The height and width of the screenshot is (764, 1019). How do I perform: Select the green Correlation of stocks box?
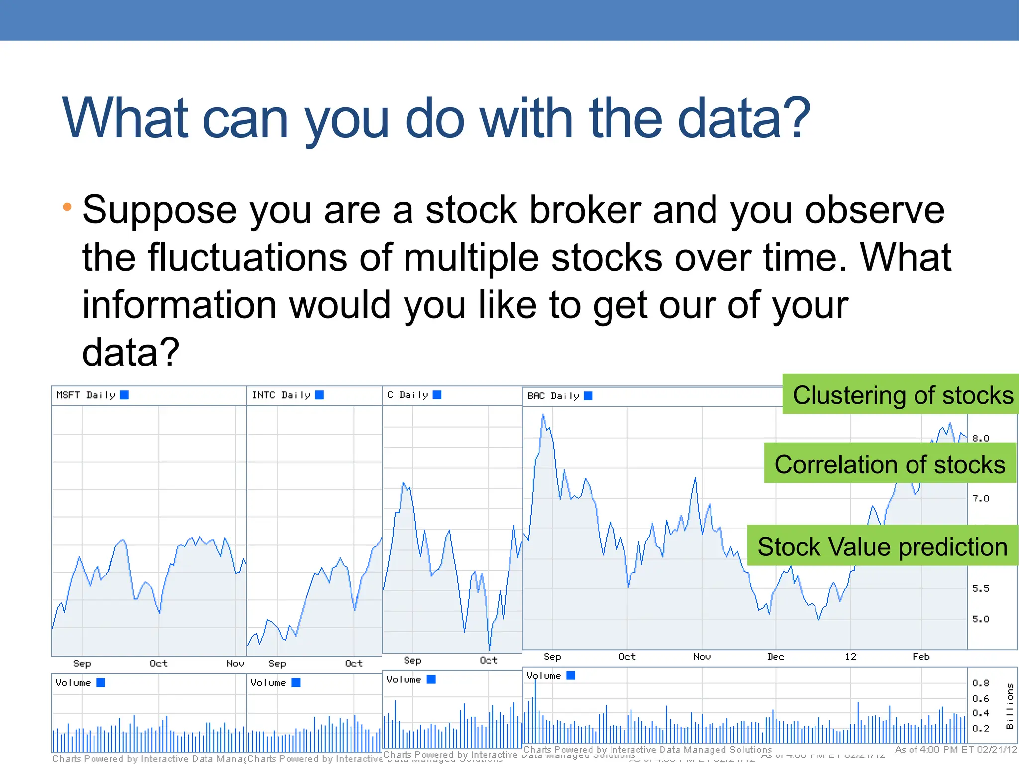tap(890, 464)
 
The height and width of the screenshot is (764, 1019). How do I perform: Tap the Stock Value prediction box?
tap(882, 546)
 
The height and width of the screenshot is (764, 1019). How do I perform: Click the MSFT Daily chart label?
tap(86, 395)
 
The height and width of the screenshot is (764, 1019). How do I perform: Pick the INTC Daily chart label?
tap(281, 395)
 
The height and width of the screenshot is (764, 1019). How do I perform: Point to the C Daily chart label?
tap(408, 395)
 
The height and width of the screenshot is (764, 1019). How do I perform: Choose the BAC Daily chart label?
tap(553, 396)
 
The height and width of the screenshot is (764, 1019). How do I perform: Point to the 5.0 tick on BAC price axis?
tap(981, 619)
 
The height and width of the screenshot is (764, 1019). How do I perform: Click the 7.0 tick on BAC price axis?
tap(981, 498)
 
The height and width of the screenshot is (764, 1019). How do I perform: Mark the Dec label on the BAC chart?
tap(775, 657)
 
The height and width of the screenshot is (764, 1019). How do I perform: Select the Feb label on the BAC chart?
tap(921, 657)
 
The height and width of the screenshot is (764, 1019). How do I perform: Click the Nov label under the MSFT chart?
tap(235, 663)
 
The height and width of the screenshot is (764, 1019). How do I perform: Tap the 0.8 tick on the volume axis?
tap(981, 683)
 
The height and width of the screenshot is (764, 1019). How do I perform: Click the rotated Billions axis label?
tap(1010, 706)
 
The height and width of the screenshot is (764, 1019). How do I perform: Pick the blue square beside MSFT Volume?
tap(101, 683)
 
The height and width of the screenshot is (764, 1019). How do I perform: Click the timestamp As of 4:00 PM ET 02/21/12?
tap(956, 750)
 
